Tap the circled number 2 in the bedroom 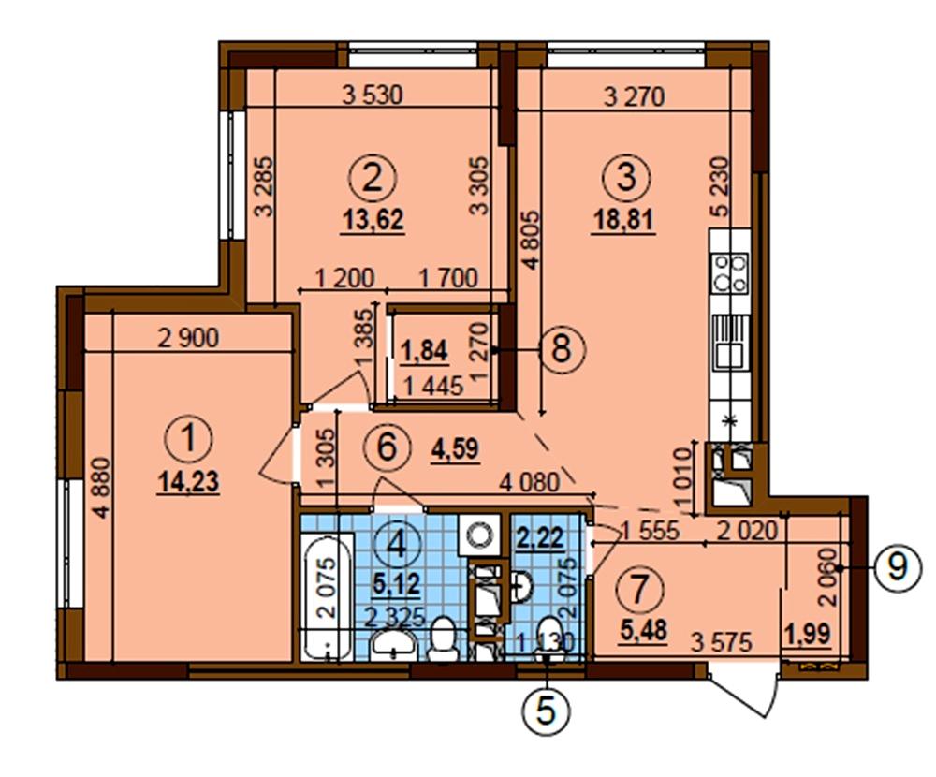[x=373, y=178]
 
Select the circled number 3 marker [x=625, y=178]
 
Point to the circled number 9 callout [x=899, y=568]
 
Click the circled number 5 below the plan [x=547, y=711]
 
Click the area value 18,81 [x=623, y=220]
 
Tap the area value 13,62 [x=373, y=220]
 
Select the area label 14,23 [x=189, y=481]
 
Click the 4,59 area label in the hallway [x=455, y=447]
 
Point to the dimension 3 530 [x=373, y=95]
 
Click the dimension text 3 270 [x=634, y=96]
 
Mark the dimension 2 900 [x=189, y=339]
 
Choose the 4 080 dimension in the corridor [x=530, y=482]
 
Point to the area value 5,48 [x=644, y=630]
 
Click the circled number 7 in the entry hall [x=638, y=590]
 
